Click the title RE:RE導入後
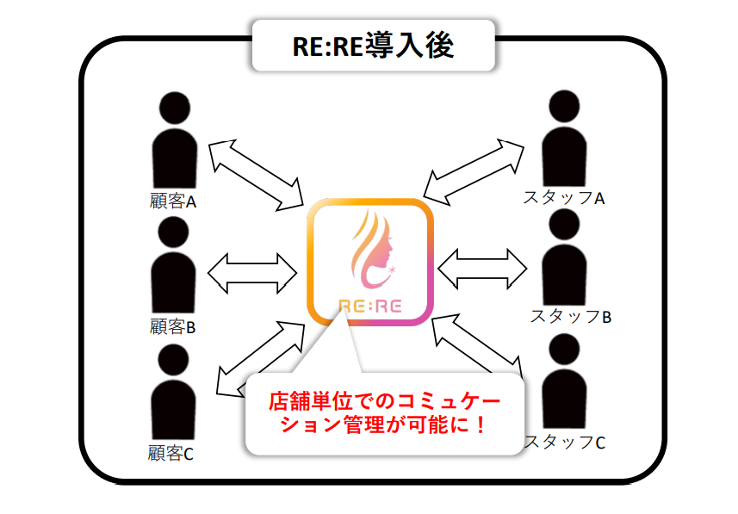point(372,45)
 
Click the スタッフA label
point(564,198)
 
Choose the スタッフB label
point(569,316)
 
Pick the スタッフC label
point(564,443)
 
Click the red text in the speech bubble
point(384,412)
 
